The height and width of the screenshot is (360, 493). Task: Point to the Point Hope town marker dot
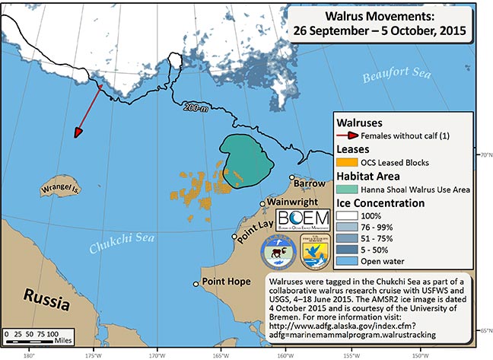(x=196, y=283)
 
